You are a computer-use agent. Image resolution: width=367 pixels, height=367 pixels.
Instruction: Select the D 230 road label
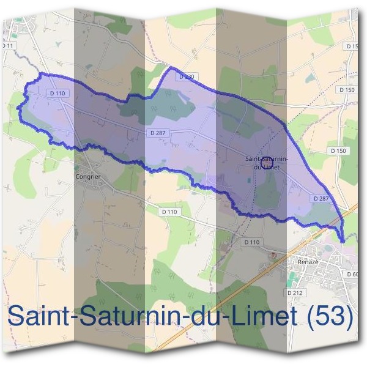187,76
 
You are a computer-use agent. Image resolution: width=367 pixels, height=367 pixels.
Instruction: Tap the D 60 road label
354,274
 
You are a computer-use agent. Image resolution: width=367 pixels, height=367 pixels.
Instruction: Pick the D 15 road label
352,46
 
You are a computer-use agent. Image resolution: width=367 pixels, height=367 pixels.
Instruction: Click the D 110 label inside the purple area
56,93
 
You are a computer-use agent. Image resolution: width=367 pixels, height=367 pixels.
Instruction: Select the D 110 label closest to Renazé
251,242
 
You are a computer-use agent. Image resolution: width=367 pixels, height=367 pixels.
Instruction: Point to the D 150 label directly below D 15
346,90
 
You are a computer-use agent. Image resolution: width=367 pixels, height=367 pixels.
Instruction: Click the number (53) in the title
331,316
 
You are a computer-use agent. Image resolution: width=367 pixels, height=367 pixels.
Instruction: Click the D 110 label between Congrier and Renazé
170,212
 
